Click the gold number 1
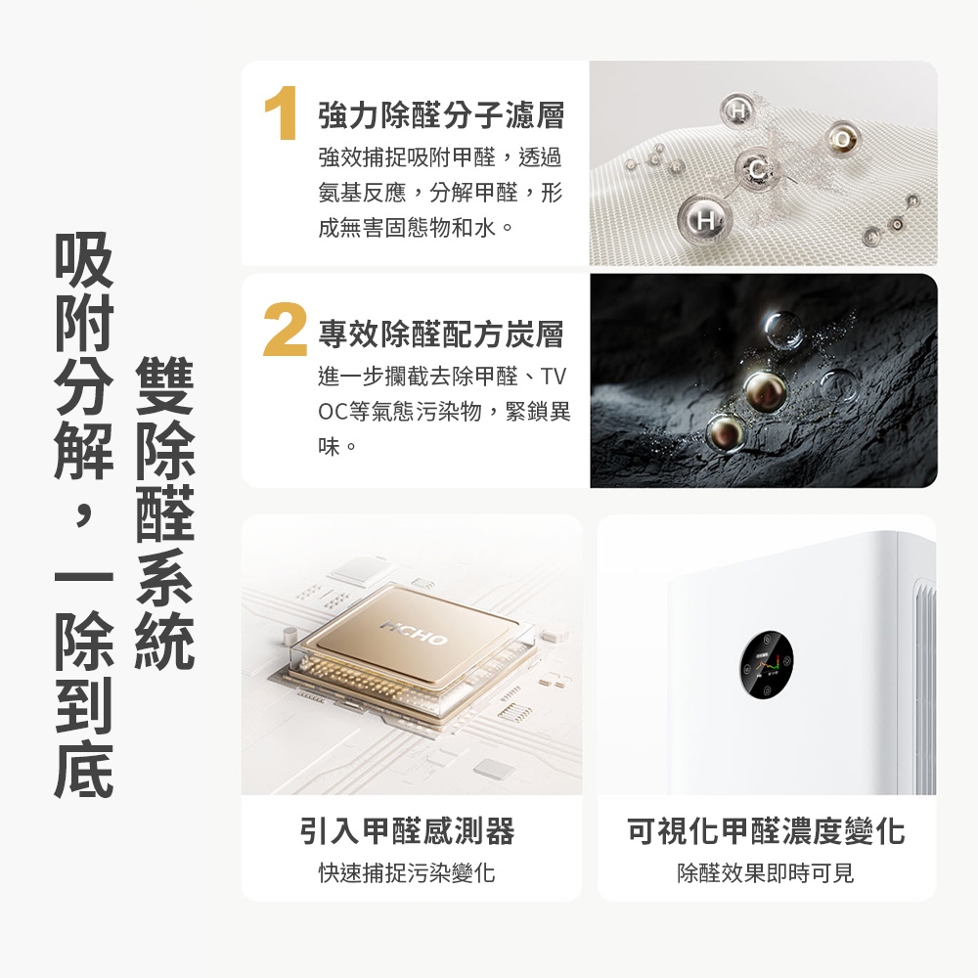click(282, 114)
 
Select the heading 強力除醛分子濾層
click(441, 116)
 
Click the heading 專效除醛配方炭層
click(441, 335)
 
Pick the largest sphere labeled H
click(696, 215)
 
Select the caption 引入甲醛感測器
click(406, 832)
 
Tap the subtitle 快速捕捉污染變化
click(406, 872)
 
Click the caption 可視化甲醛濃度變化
click(766, 832)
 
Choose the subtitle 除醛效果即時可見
click(766, 872)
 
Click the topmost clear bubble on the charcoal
click(783, 332)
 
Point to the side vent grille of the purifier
click(923, 685)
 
